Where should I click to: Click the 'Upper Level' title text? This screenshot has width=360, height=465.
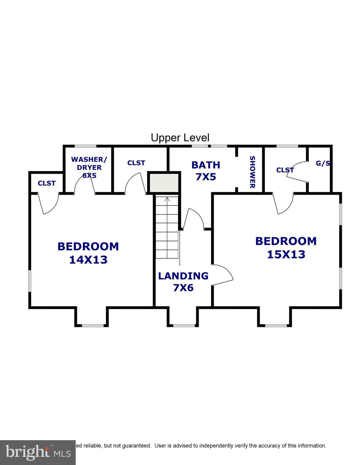(x=180, y=138)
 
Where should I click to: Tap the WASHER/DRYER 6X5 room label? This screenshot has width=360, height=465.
(x=89, y=167)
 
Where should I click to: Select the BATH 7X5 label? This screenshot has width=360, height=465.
(x=206, y=171)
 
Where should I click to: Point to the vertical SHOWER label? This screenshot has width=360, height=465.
(x=252, y=172)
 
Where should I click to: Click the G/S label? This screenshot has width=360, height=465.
(x=323, y=163)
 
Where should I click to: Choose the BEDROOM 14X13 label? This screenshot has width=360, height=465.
(x=88, y=253)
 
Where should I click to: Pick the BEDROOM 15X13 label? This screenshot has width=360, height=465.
(x=286, y=247)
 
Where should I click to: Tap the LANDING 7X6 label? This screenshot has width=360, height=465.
(x=183, y=282)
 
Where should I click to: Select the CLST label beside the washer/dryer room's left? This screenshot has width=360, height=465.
(x=47, y=183)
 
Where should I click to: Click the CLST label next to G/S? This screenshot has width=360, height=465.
(x=285, y=170)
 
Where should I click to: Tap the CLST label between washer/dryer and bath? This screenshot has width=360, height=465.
(x=136, y=163)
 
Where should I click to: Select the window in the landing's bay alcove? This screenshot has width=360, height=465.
(x=183, y=326)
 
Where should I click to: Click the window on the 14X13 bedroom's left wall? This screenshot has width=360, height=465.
(x=30, y=281)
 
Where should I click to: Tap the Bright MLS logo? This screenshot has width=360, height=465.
(x=38, y=452)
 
